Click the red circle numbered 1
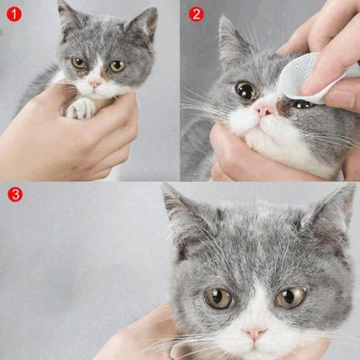tap(14, 14)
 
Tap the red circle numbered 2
tap(196, 14)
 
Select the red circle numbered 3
tap(15, 194)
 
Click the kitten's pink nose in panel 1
tap(94, 84)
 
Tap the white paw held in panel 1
tap(81, 108)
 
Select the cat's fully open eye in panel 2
tap(246, 91)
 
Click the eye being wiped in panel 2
tap(301, 104)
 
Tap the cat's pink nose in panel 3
tap(255, 333)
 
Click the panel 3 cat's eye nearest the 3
tap(218, 298)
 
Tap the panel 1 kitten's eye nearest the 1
tap(79, 63)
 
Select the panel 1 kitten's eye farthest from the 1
tap(117, 66)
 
